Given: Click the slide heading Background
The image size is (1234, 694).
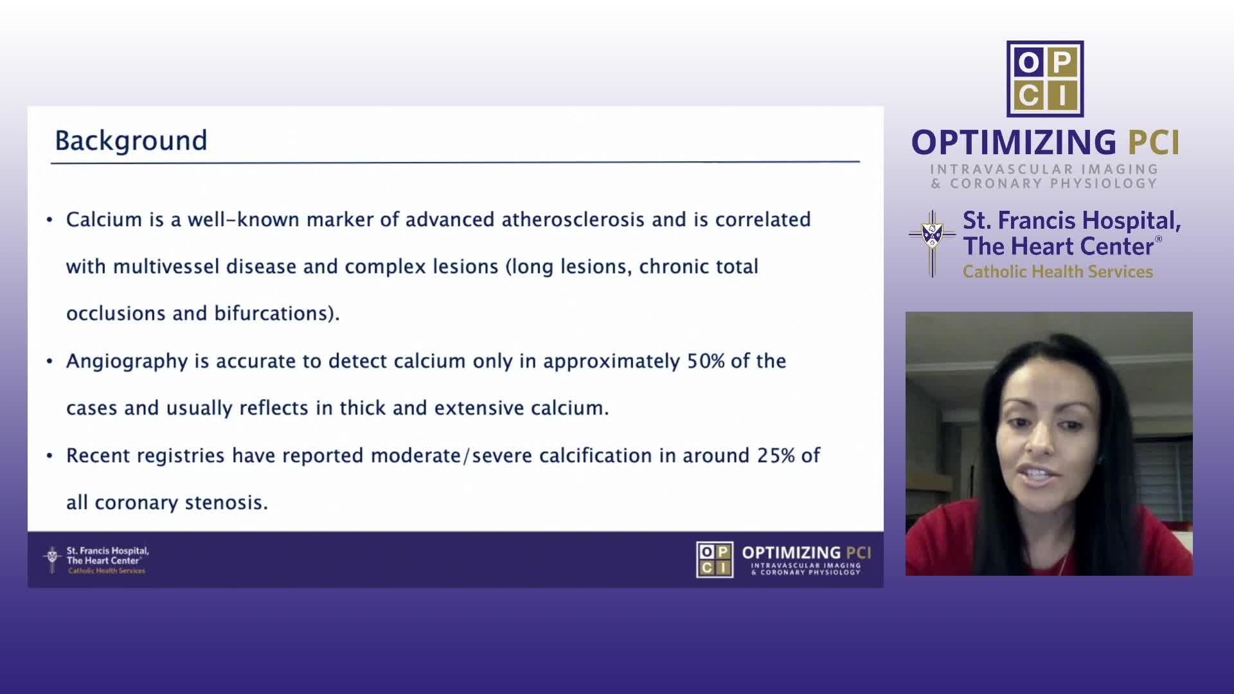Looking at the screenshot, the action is coord(131,141).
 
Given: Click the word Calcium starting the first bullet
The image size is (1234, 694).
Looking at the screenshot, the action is coord(104,220).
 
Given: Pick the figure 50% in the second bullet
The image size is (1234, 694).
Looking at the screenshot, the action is coord(706,361).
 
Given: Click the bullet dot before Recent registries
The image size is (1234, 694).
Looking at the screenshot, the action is coord(49,456).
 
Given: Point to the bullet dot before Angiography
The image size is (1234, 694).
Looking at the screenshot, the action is coord(49,361).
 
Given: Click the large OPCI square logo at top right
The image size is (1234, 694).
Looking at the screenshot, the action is coord(1045,79).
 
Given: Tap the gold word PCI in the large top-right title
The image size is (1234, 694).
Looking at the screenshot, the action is coord(1154,143).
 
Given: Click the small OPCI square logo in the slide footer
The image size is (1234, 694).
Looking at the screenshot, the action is coord(715,560).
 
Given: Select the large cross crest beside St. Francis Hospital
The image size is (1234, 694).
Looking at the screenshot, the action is coord(932,244).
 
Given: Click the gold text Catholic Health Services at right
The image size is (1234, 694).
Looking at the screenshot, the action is coord(1058,272).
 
